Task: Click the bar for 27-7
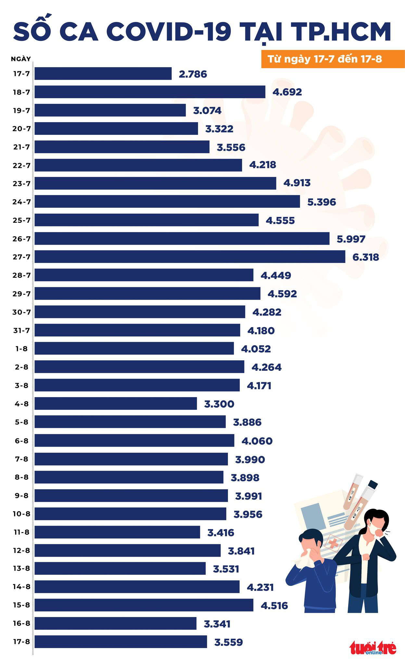(x=190, y=256)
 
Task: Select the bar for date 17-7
(x=103, y=74)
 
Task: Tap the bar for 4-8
(x=116, y=403)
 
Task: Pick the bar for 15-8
(x=144, y=605)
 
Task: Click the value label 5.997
(x=351, y=239)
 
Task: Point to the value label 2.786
(x=193, y=74)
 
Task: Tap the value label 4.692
(x=287, y=92)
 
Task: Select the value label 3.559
(x=228, y=642)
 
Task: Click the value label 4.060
(x=257, y=441)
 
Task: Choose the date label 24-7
(x=21, y=202)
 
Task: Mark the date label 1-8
(x=21, y=349)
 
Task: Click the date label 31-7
(x=21, y=330)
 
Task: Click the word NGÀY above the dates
(x=21, y=59)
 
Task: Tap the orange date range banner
(x=333, y=59)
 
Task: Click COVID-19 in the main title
(x=169, y=32)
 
